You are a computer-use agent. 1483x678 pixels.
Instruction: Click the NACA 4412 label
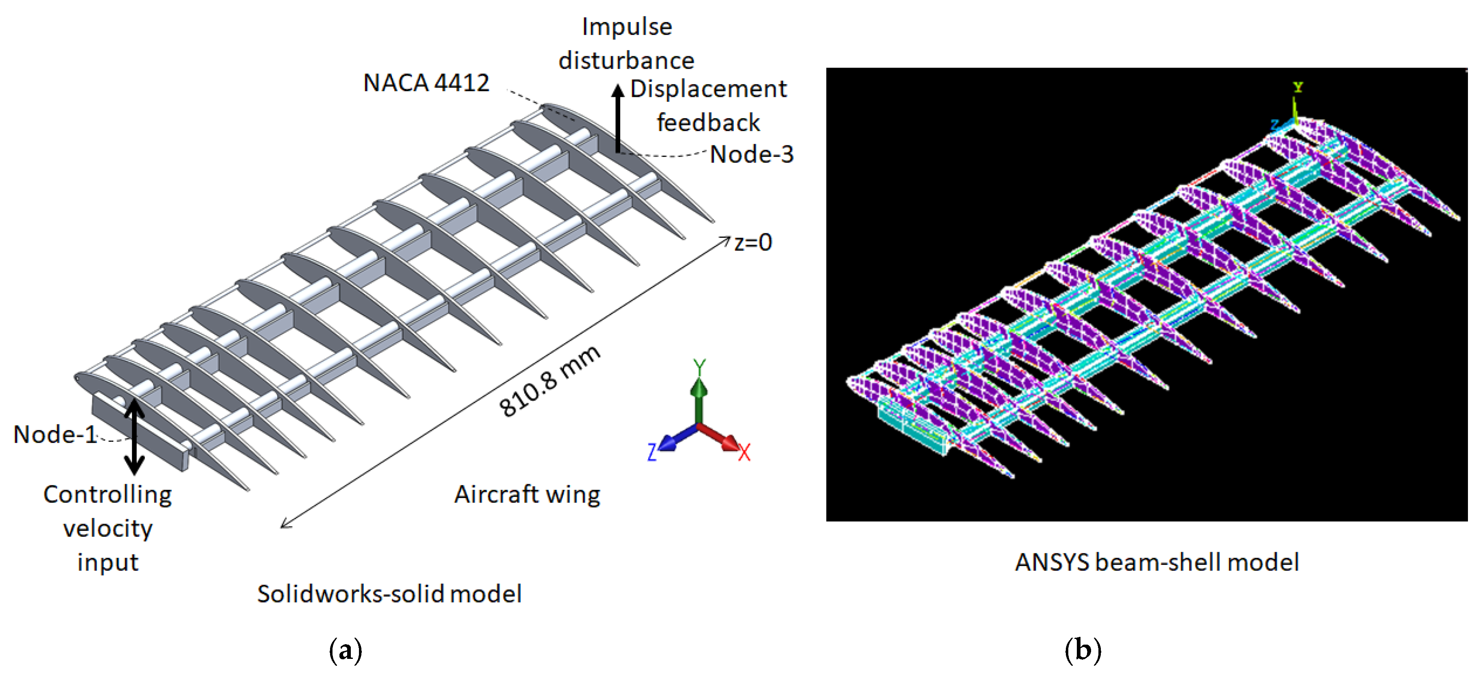click(x=426, y=83)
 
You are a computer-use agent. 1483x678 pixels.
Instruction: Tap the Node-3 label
click(x=751, y=154)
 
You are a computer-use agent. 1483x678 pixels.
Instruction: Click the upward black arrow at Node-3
click(x=618, y=118)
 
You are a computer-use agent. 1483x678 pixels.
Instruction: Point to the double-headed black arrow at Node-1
click(x=135, y=436)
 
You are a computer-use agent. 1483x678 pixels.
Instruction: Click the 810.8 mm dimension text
click(x=549, y=381)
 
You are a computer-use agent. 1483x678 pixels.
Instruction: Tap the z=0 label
click(x=752, y=243)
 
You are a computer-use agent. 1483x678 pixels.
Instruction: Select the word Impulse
click(x=626, y=26)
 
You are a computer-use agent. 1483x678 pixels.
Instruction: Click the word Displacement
click(x=708, y=89)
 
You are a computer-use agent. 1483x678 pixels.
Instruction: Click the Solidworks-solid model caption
click(x=389, y=594)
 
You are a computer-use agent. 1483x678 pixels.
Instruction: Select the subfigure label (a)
click(x=346, y=650)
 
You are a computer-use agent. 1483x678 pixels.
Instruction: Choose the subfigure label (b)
click(x=1083, y=650)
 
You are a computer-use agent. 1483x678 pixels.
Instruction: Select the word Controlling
click(x=108, y=494)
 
